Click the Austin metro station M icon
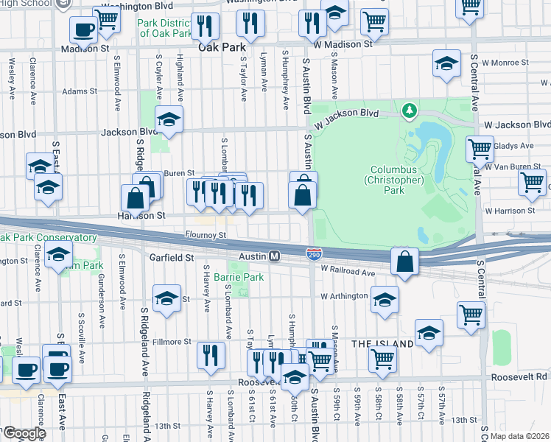click(x=274, y=256)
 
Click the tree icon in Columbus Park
click(x=409, y=111)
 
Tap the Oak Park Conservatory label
click(x=48, y=238)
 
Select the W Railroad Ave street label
click(x=348, y=272)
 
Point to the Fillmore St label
click(x=172, y=342)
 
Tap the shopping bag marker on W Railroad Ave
click(x=405, y=262)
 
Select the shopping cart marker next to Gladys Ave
click(x=480, y=149)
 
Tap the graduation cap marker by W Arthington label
click(x=384, y=300)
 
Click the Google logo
click(x=24, y=432)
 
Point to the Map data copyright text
click(x=520, y=435)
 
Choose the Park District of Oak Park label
click(x=165, y=28)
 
